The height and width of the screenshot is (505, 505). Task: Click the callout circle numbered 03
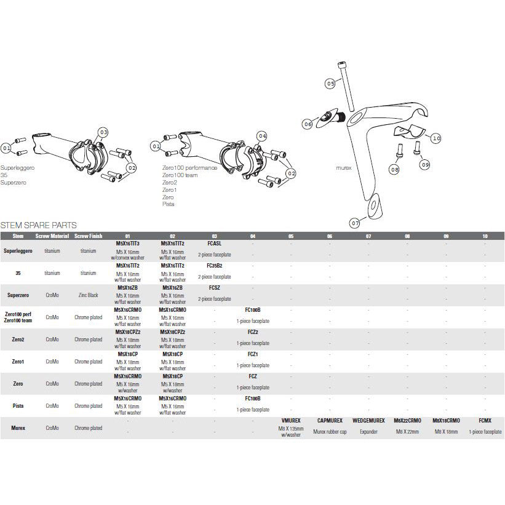(x=103, y=132)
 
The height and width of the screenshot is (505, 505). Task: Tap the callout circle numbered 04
(x=263, y=136)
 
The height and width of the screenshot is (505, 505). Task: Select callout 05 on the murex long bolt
(x=330, y=83)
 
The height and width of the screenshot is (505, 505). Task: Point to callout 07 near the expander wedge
(x=355, y=222)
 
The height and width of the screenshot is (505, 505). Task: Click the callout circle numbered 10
(x=436, y=138)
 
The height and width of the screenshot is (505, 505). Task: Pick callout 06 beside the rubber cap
(x=308, y=124)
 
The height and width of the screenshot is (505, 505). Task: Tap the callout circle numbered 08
(x=394, y=168)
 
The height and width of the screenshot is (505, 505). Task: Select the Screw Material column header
(x=52, y=236)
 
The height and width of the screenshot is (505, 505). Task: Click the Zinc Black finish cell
(x=89, y=295)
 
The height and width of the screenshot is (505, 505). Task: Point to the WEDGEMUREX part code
(x=368, y=421)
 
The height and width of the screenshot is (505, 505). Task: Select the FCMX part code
(x=485, y=421)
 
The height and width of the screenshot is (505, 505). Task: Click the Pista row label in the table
(x=18, y=406)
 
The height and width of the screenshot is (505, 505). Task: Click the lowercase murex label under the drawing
(x=343, y=167)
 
